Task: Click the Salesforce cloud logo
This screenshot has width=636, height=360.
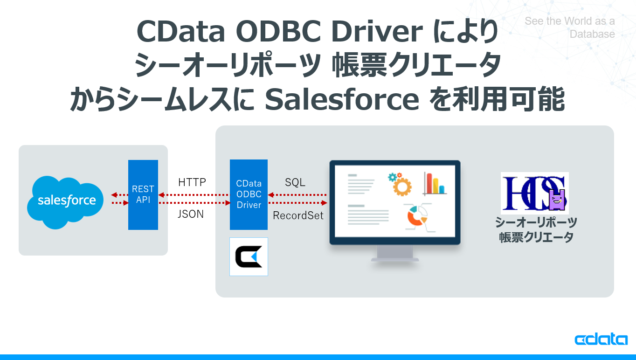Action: tap(66, 201)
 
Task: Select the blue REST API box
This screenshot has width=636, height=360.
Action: tap(143, 194)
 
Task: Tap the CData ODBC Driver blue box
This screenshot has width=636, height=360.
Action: tap(249, 194)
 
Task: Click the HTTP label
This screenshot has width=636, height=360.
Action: tap(192, 182)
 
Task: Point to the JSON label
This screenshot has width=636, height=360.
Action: tap(191, 215)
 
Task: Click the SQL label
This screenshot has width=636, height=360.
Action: tap(295, 182)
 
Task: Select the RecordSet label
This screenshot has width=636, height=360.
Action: tap(298, 215)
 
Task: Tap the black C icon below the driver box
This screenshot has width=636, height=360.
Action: tap(249, 256)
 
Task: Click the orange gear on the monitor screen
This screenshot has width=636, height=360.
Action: tap(401, 185)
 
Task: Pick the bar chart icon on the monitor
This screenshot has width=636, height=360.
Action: tap(435, 183)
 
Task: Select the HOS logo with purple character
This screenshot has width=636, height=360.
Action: tap(534, 193)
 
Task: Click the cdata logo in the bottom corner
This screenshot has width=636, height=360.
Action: tap(601, 339)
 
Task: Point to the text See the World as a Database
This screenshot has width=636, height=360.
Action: tap(570, 28)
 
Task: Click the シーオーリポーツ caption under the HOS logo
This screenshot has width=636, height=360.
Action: tap(536, 222)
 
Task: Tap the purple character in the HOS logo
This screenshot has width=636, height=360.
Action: tap(557, 201)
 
